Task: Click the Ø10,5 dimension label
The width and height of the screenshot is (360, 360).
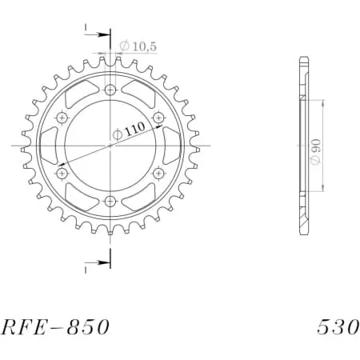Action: pos(138,47)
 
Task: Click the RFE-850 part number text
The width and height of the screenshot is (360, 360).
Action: pos(53,328)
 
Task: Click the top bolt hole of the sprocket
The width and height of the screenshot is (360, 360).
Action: pos(110,90)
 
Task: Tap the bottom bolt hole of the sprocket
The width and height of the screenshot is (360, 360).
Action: pos(110,201)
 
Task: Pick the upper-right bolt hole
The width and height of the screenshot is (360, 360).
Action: pos(158,118)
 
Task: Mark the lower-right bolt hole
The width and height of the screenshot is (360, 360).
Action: pos(158,173)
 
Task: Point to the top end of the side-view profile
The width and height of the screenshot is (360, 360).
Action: pos(302,60)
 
